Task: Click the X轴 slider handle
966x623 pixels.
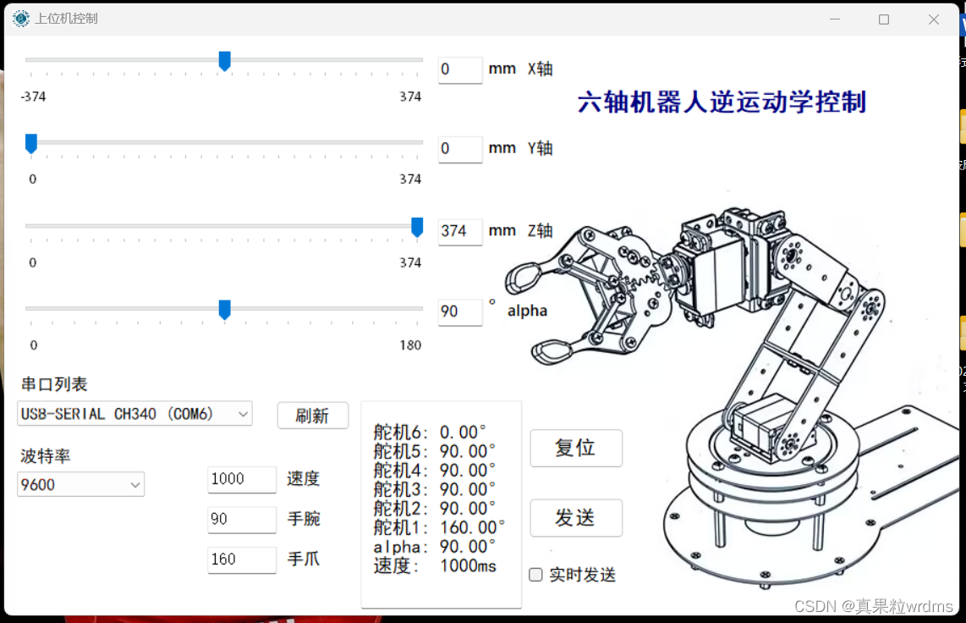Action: click(x=225, y=61)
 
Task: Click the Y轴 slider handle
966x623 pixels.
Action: click(x=30, y=144)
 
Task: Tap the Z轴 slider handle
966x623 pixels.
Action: click(x=417, y=227)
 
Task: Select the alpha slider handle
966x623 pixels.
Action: click(x=225, y=309)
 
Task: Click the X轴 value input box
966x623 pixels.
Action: click(x=460, y=69)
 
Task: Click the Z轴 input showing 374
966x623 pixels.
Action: click(x=460, y=232)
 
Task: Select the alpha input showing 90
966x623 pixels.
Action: click(x=460, y=311)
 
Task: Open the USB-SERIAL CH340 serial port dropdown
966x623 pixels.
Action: click(x=135, y=414)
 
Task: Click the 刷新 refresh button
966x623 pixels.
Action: click(x=313, y=416)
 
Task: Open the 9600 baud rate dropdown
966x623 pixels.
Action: click(x=80, y=484)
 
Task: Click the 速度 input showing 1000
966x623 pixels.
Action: click(x=242, y=479)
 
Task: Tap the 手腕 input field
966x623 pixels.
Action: click(x=242, y=520)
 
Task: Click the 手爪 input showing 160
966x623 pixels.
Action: click(x=242, y=560)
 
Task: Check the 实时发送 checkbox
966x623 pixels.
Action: click(x=536, y=575)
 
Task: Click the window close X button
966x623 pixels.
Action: click(x=934, y=19)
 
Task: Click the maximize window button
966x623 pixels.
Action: click(x=884, y=19)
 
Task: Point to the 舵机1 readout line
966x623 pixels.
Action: click(x=439, y=528)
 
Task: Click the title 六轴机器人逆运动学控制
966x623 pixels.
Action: click(x=722, y=102)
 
